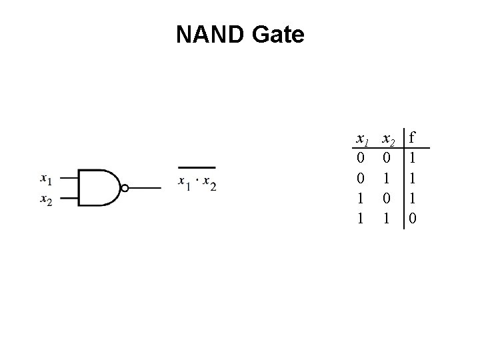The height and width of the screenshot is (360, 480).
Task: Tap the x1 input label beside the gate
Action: tap(46, 179)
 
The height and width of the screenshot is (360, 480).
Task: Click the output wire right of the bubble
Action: tap(145, 188)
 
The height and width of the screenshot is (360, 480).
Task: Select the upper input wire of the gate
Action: tap(69, 179)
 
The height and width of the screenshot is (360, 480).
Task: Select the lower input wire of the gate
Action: tap(69, 198)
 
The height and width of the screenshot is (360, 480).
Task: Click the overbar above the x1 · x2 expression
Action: tap(197, 168)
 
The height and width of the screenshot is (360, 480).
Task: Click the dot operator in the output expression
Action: tap(197, 182)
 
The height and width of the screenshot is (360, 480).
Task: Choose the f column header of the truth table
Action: tap(413, 139)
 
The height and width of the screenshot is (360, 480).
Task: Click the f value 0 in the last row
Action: tap(413, 218)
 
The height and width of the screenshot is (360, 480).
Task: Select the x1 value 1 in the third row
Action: tap(361, 199)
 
